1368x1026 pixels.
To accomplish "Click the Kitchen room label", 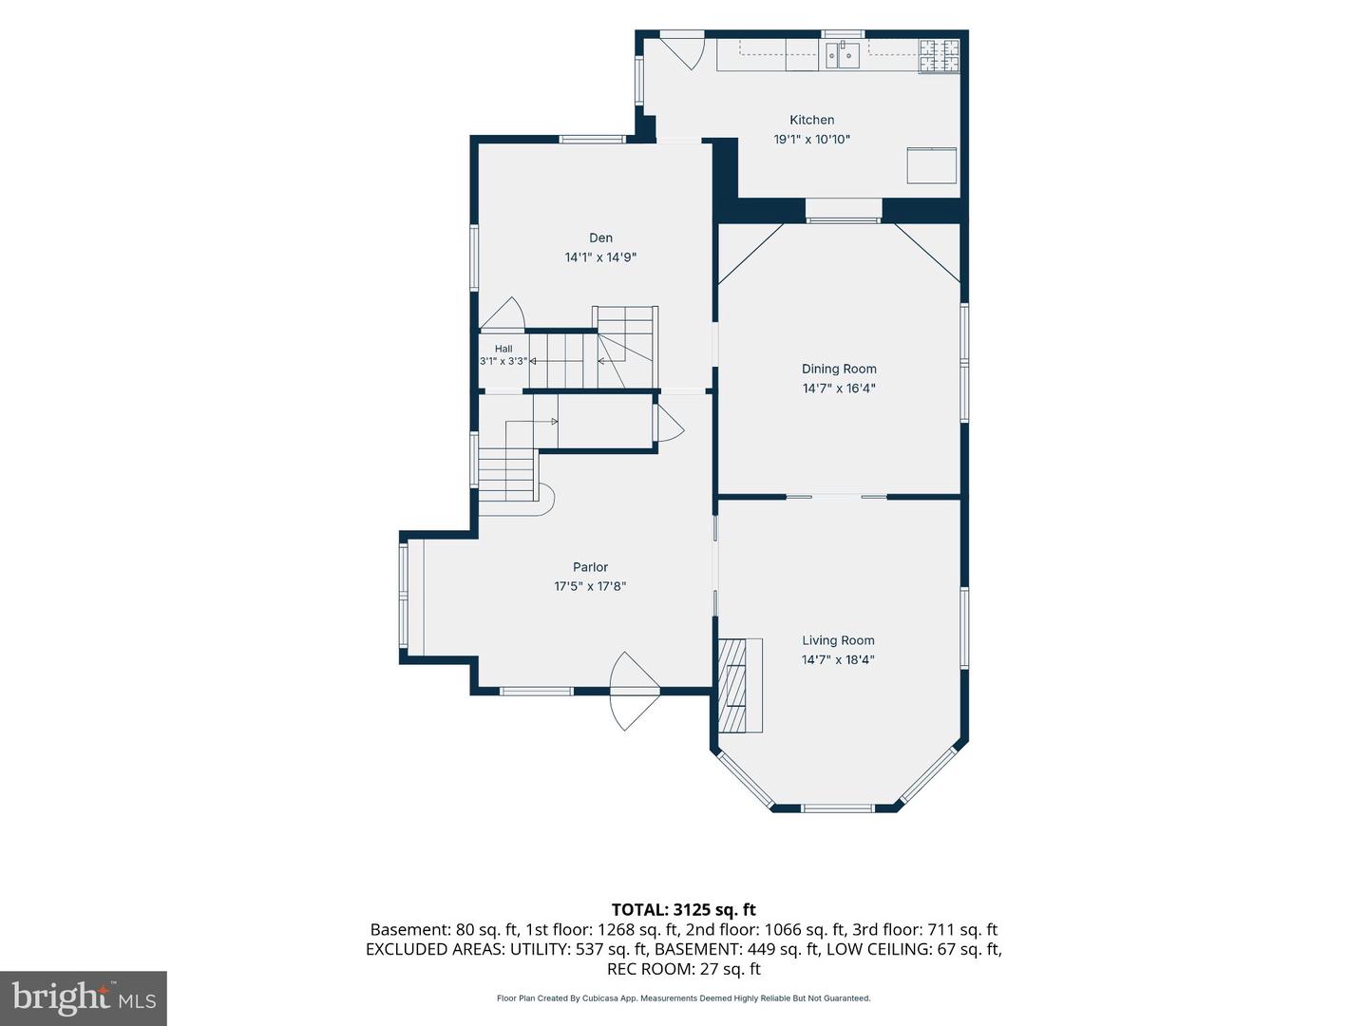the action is click(x=811, y=120).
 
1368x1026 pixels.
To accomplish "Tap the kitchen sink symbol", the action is click(x=843, y=55).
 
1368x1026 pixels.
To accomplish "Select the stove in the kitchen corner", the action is click(x=940, y=55).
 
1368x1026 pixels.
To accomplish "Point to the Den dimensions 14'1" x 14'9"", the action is click(x=600, y=256).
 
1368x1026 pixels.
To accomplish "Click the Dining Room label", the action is click(x=839, y=369).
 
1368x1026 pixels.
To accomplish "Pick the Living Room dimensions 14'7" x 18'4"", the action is click(x=838, y=659).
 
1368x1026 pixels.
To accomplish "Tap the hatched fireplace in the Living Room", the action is click(x=740, y=685).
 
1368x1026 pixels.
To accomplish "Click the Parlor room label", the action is click(x=590, y=567).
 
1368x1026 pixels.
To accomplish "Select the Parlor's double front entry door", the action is click(x=634, y=691).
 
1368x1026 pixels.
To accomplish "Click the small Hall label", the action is click(x=503, y=349).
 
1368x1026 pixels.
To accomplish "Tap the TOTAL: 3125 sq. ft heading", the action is click(x=684, y=909).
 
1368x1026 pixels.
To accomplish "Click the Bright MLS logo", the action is click(x=83, y=997).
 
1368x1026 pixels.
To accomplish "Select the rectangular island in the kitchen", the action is click(x=931, y=165).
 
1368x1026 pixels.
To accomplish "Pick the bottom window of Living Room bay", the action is click(x=837, y=808).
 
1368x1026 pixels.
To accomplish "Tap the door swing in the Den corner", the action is click(x=503, y=313).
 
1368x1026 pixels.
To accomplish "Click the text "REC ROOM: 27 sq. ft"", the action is click(x=684, y=969).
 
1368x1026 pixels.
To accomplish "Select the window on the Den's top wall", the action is click(x=592, y=140).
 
